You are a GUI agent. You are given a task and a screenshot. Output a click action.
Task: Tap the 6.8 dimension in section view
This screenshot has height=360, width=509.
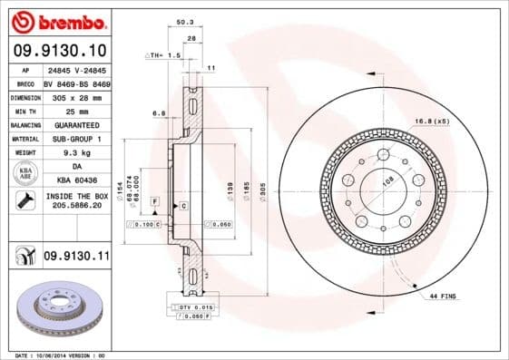tap(158, 113)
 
